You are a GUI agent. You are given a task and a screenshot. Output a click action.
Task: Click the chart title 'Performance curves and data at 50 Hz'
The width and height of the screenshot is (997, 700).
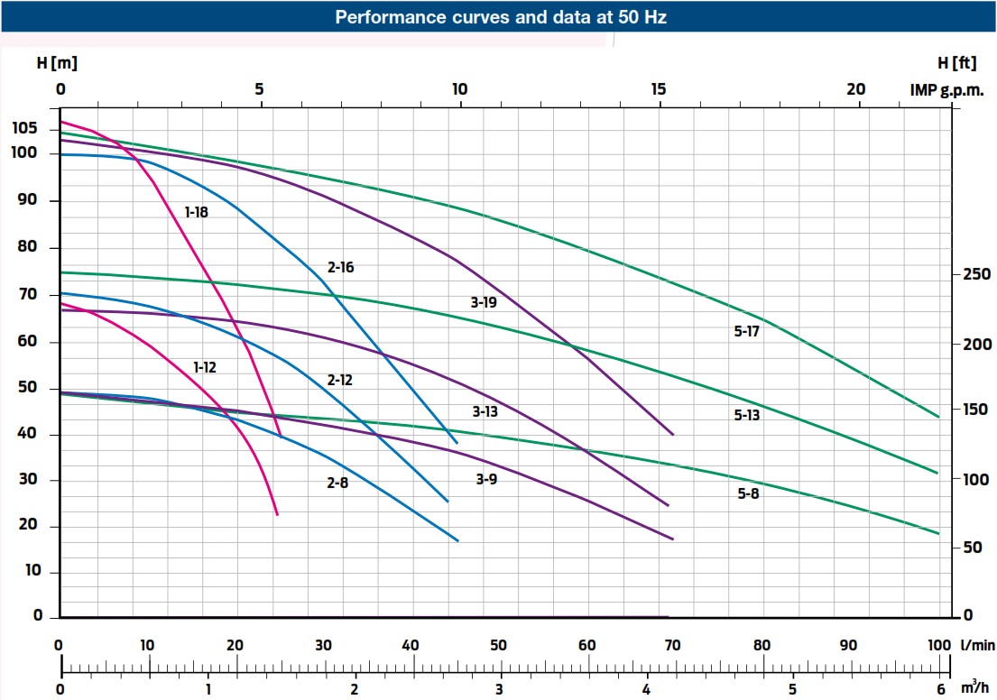click(501, 17)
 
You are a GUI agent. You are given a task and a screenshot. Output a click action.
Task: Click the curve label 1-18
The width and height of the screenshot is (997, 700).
click(197, 213)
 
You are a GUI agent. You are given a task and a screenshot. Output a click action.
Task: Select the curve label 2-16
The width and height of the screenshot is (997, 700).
click(341, 268)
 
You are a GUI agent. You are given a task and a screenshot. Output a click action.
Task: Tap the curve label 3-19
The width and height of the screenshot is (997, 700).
click(484, 303)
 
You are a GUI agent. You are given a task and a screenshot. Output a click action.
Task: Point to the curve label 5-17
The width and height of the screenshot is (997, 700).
click(747, 332)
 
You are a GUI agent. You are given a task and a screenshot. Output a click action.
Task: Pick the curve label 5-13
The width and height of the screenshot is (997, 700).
click(747, 416)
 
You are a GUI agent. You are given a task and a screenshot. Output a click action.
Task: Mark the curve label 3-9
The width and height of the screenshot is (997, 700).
click(486, 480)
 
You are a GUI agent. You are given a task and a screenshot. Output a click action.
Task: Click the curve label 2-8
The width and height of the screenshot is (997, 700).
click(337, 484)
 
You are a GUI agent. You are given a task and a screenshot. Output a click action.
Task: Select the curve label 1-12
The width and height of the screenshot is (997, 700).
click(206, 367)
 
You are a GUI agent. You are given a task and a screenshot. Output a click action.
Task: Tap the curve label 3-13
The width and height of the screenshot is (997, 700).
click(485, 411)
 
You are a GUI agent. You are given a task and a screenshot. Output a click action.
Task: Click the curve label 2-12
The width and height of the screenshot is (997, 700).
click(339, 381)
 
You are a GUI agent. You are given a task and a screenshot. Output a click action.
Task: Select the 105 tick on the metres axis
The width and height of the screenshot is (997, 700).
click(24, 129)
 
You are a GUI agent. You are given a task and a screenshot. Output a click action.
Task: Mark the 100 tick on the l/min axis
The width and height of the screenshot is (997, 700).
click(938, 646)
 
